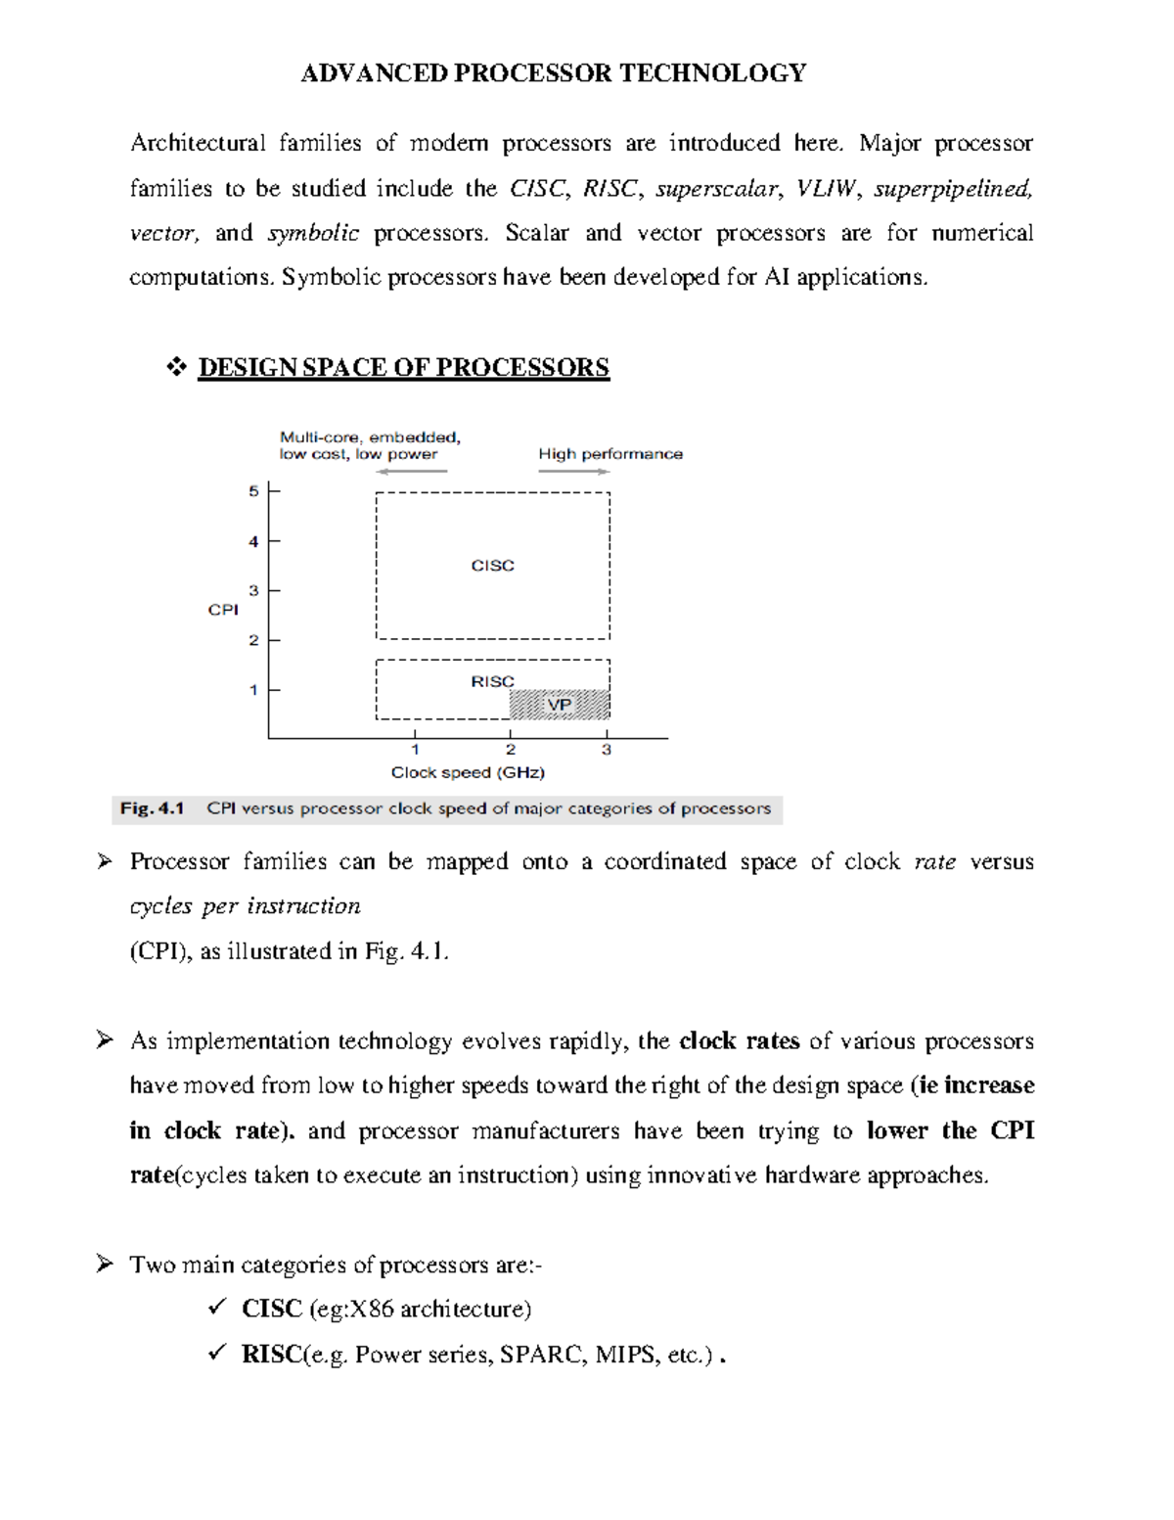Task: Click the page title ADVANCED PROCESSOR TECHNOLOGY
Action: tap(553, 73)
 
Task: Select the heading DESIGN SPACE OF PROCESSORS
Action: tap(403, 368)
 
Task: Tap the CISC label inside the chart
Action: tap(492, 566)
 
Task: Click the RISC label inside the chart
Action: tap(492, 681)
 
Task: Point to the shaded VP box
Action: tap(560, 705)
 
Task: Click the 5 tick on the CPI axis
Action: tap(254, 491)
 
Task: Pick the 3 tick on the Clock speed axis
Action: tap(607, 750)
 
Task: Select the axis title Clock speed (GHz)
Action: tap(468, 772)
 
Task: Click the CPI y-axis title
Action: tap(223, 610)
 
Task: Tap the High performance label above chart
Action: tap(610, 454)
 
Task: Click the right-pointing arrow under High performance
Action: tap(574, 471)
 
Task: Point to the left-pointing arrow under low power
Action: tap(412, 471)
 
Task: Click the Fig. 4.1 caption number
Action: tap(152, 808)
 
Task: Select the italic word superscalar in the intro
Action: tap(717, 189)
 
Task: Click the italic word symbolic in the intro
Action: tap(313, 234)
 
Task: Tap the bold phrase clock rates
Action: tap(739, 1041)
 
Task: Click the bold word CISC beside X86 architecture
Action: tap(271, 1310)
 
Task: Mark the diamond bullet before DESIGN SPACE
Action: tap(176, 368)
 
